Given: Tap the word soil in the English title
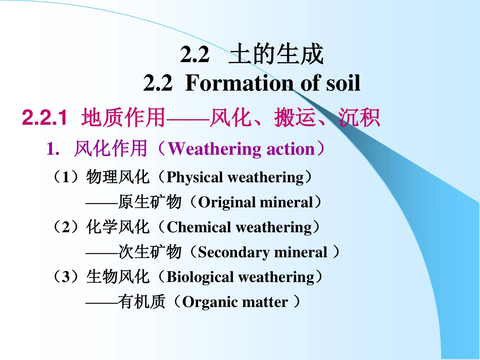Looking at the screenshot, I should [340, 83].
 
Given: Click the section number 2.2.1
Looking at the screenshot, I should [45, 118].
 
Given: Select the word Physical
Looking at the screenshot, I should [195, 177].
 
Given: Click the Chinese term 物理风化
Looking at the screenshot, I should [118, 177].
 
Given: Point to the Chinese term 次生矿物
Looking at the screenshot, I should [150, 252].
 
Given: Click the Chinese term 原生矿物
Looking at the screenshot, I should [150, 202].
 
